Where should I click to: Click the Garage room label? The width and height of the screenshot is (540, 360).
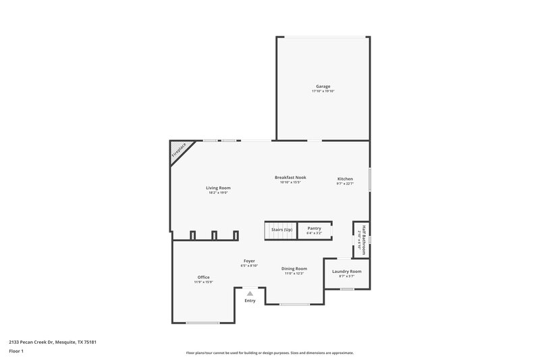pyautogui.click(x=323, y=86)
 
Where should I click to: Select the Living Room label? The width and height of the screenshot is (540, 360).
pyautogui.click(x=218, y=188)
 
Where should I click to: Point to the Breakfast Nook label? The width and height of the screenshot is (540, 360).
pyautogui.click(x=290, y=177)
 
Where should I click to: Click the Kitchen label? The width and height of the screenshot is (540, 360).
pyautogui.click(x=345, y=179)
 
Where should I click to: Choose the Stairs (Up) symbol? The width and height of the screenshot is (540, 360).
pyautogui.click(x=281, y=230)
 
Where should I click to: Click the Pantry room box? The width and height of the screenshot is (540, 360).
pyautogui.click(x=314, y=230)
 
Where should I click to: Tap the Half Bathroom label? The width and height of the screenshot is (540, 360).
pyautogui.click(x=363, y=239)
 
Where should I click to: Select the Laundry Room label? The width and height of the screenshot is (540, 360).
pyautogui.click(x=346, y=271)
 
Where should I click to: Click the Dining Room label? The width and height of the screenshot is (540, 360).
pyautogui.click(x=294, y=268)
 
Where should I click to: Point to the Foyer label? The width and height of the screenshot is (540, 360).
pyautogui.click(x=250, y=261)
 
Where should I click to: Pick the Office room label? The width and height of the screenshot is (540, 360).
pyautogui.click(x=203, y=277)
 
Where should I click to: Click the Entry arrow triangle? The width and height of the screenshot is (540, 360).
pyautogui.click(x=250, y=294)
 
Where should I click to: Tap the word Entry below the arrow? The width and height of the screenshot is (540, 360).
pyautogui.click(x=250, y=301)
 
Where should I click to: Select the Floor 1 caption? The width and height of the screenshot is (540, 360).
pyautogui.click(x=17, y=351)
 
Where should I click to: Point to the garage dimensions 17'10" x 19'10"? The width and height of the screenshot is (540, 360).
pyautogui.click(x=323, y=91)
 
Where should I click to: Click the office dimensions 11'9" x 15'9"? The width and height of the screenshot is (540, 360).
pyautogui.click(x=203, y=282)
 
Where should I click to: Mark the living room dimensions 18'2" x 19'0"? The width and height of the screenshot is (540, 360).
pyautogui.click(x=218, y=192)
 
